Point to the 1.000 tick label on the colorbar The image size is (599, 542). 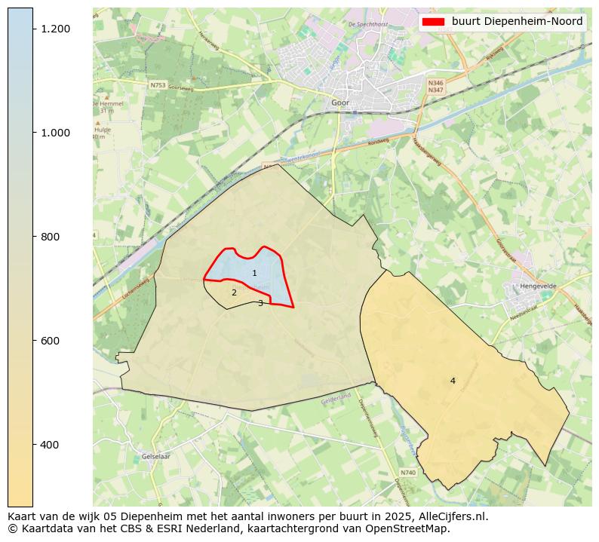(55, 133)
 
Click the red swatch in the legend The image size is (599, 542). (434, 22)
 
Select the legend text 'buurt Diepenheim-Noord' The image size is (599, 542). (518, 22)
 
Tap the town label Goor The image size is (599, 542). (340, 103)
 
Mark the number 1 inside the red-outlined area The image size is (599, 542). (254, 273)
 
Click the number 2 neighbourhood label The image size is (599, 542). (234, 292)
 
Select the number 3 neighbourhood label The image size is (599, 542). (260, 303)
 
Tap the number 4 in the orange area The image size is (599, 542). (453, 381)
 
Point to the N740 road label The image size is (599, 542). (407, 473)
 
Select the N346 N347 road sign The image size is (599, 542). (435, 87)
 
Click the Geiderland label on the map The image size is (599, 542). (336, 396)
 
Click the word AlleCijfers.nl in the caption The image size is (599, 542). (453, 517)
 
